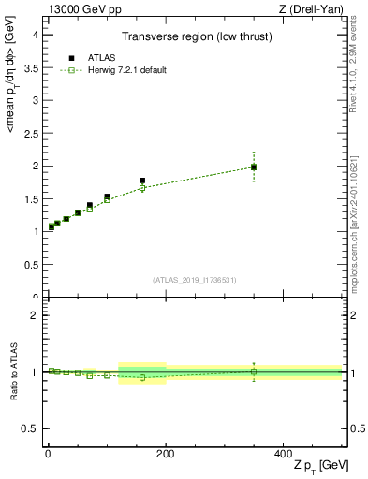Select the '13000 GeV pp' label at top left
[x=81, y=8]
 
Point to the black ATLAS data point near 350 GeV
[x=254, y=167]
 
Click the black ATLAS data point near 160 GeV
[x=142, y=181]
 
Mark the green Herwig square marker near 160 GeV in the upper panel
[x=142, y=188]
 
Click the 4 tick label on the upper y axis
[x=34, y=35]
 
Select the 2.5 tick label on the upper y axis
[x=30, y=133]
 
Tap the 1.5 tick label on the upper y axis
[x=30, y=198]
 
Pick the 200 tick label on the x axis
[x=166, y=453]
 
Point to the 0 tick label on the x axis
[x=48, y=453]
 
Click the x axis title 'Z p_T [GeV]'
[x=318, y=466]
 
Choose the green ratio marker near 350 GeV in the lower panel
[x=254, y=371]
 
